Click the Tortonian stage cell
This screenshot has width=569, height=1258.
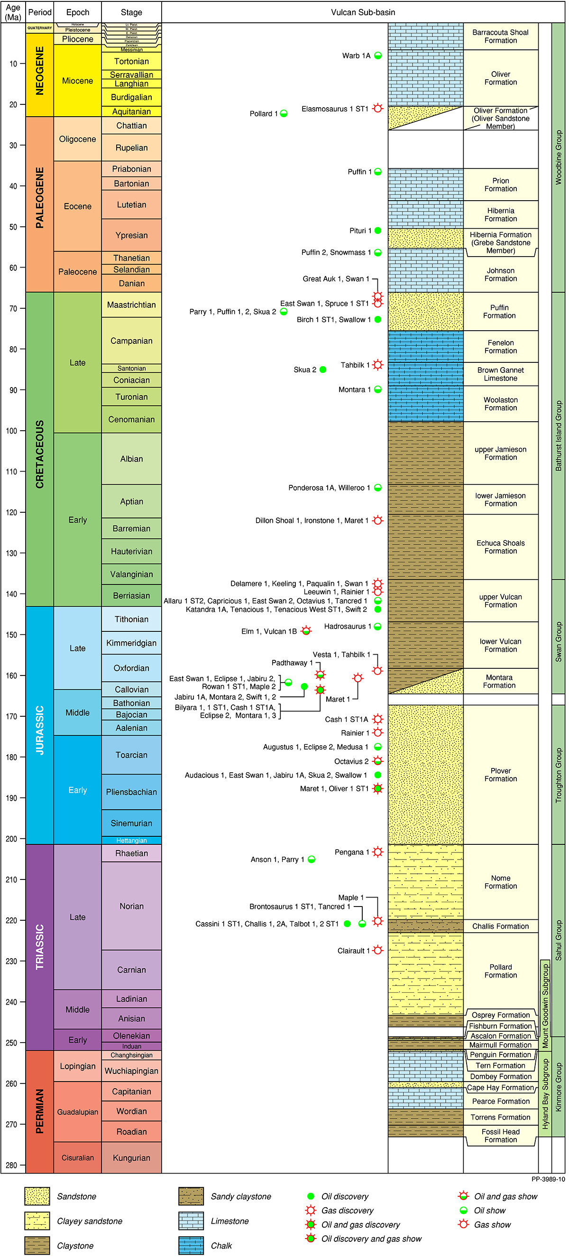pos(131,62)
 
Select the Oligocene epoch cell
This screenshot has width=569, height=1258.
pos(78,139)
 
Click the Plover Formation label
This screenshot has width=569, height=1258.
pos(500,775)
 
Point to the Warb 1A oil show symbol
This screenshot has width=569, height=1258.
pos(378,55)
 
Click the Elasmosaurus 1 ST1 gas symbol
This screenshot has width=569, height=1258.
pos(378,109)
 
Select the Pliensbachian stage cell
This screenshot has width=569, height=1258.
pos(131,792)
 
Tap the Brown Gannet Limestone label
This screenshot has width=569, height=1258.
pos(500,374)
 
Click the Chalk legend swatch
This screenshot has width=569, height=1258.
pos(191,1245)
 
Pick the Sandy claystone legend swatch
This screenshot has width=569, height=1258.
pos(191,1196)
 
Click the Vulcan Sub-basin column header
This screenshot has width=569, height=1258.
pos(363,12)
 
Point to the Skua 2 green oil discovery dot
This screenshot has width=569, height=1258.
pos(322,370)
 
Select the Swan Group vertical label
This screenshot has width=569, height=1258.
pos(558,642)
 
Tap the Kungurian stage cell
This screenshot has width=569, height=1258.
pos(131,1158)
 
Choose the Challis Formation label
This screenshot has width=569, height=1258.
pos(500,926)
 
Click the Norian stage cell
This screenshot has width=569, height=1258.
pos(131,906)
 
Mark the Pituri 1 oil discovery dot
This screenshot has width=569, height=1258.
pos(378,231)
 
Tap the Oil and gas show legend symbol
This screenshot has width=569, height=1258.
pos(463,1196)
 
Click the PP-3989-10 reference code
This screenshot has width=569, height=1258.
pos(548,1179)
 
